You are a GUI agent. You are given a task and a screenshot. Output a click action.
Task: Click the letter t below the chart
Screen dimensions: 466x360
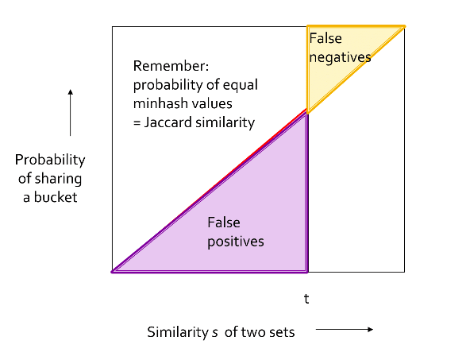click(306, 299)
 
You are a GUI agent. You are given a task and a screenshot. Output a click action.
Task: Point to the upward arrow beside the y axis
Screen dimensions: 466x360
click(70, 113)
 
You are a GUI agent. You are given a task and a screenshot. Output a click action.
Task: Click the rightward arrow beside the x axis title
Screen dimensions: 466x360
click(345, 329)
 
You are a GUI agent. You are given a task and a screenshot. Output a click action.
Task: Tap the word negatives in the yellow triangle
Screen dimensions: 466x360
click(340, 57)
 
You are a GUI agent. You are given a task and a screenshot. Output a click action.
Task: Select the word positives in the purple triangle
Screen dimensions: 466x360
click(236, 242)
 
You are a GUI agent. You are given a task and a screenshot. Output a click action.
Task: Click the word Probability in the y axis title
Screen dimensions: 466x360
click(50, 160)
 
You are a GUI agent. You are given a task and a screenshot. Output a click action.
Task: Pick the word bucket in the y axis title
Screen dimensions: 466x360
click(56, 197)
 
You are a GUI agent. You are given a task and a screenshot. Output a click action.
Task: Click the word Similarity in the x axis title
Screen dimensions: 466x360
click(178, 332)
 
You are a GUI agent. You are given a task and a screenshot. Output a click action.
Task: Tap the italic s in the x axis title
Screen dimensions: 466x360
click(215, 333)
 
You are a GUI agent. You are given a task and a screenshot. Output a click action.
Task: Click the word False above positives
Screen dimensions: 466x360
click(224, 223)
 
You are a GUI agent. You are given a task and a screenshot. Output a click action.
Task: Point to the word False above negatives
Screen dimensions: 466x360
click(325, 38)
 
